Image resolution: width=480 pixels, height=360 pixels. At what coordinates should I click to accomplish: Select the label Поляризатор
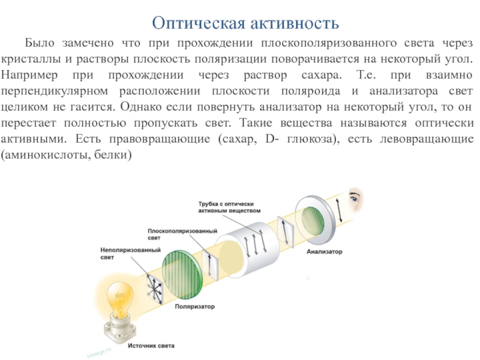tap(194, 307)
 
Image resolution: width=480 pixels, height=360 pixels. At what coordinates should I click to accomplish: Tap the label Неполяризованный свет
tap(121, 253)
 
